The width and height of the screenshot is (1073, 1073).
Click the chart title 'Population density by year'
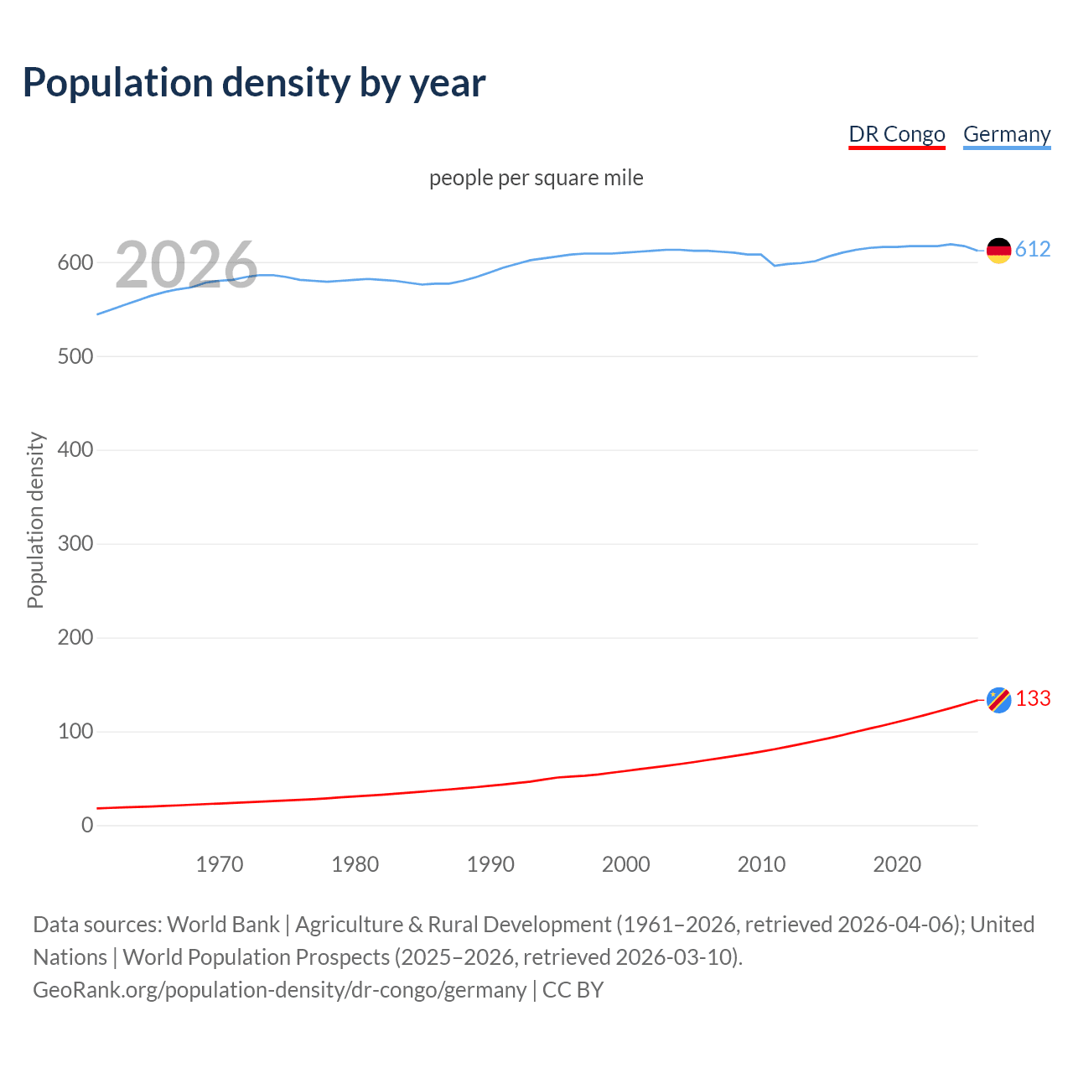pos(254,83)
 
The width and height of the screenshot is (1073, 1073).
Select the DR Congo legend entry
pos(896,134)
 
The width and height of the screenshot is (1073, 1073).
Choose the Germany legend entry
pos(1006,134)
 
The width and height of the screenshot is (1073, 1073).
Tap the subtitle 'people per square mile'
pos(536,178)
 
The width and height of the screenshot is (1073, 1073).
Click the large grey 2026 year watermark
pos(186,265)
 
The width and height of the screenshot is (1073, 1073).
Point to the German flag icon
pos(998,250)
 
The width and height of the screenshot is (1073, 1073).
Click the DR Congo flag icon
pos(998,699)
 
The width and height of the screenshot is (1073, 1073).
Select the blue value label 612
pos(1033,249)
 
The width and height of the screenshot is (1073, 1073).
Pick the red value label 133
pos(1033,698)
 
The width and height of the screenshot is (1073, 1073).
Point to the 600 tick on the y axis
pos(75,262)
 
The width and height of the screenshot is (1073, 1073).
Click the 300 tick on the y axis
pos(75,543)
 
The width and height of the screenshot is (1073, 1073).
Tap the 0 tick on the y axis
pos(87,825)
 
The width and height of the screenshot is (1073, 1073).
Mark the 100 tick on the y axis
pos(75,731)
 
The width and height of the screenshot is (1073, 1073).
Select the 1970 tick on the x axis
pos(220,863)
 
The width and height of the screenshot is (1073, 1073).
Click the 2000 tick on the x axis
pos(626,863)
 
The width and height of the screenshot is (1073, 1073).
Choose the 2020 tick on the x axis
pos(897,863)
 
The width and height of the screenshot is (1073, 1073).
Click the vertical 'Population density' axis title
pos(35,520)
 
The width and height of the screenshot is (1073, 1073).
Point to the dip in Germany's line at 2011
pos(775,265)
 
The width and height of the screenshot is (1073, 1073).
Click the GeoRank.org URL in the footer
pos(279,990)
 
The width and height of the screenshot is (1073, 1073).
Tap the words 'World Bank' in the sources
pos(223,925)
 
